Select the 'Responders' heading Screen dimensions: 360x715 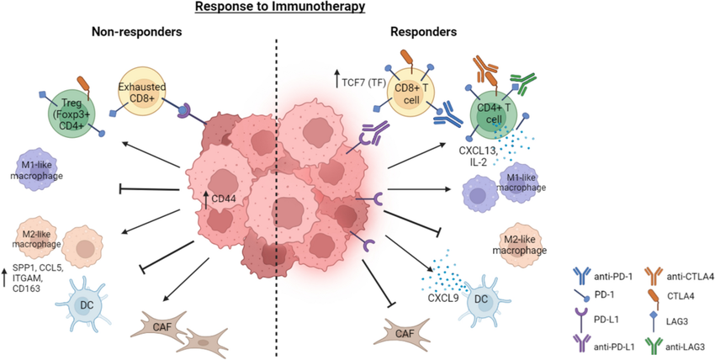425,33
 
